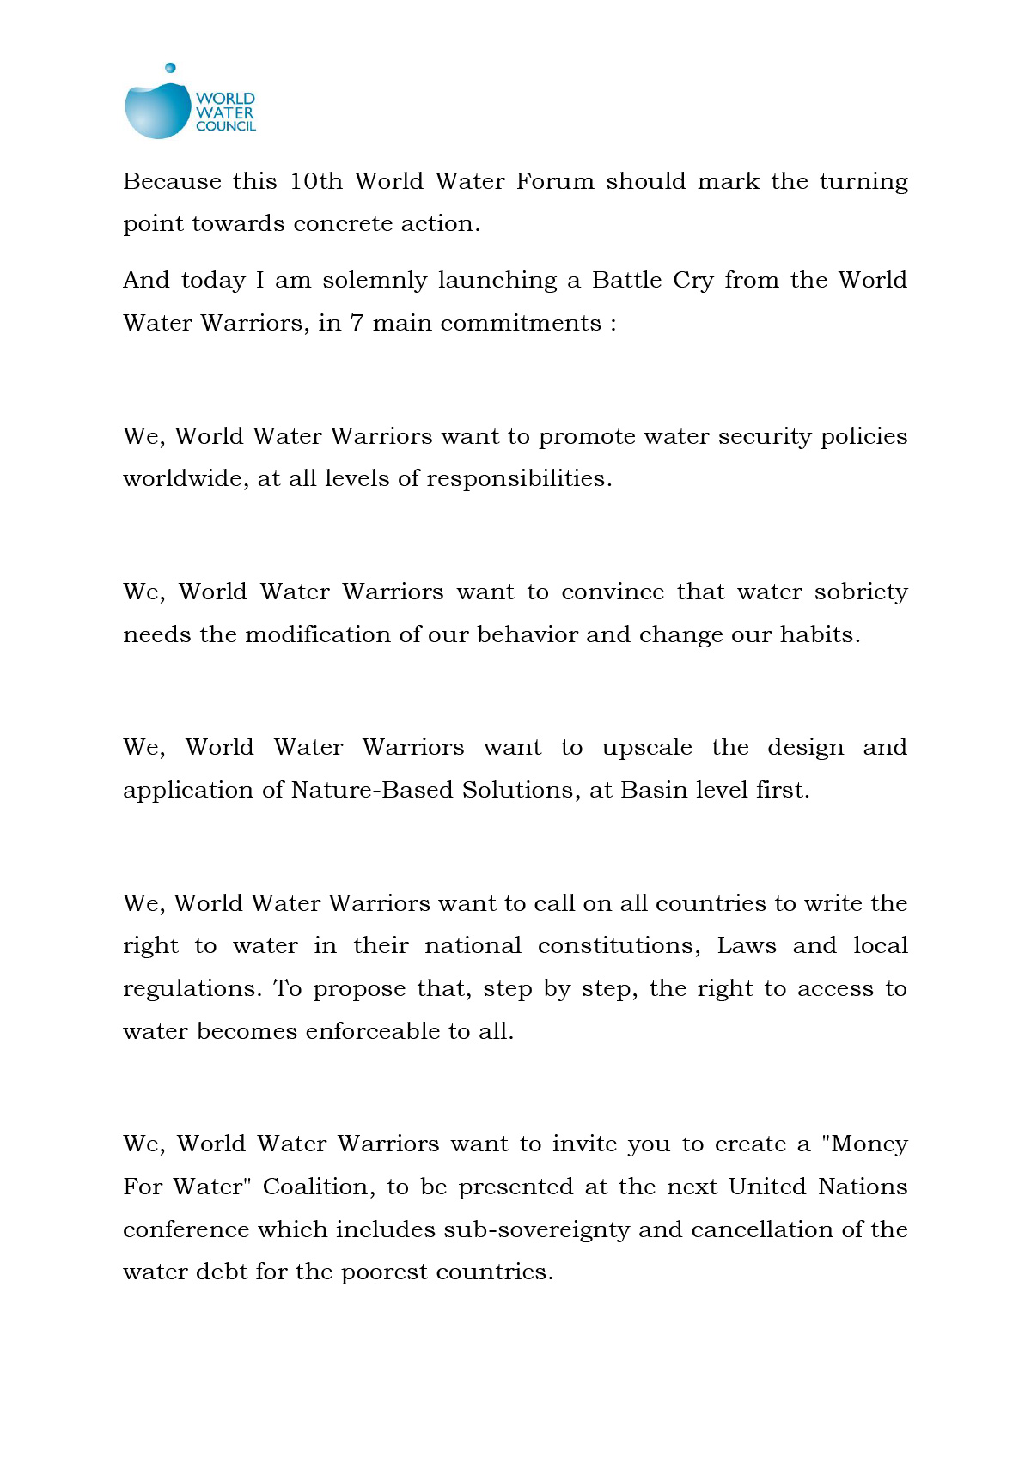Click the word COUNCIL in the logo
[226, 126]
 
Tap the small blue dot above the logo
[170, 68]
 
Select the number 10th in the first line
[315, 181]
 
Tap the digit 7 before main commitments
[357, 323]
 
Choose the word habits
[820, 634]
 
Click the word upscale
[646, 748]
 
